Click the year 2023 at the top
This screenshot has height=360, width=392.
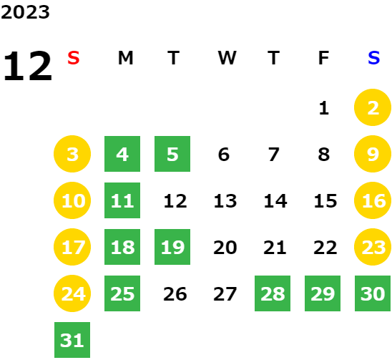[25, 12]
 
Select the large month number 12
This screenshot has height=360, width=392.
[27, 66]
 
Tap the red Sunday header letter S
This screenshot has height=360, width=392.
[74, 58]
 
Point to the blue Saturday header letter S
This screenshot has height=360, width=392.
[373, 58]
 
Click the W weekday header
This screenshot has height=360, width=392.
[227, 58]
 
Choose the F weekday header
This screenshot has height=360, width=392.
[323, 58]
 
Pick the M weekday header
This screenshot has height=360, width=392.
[125, 58]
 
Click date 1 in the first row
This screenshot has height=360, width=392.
[324, 108]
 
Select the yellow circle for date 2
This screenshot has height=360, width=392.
[373, 107]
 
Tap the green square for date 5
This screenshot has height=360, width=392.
[172, 154]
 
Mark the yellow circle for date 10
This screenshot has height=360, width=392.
[72, 200]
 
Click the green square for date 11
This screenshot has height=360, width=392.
[122, 200]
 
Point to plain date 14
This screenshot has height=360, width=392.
[275, 201]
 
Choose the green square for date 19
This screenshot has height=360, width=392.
[172, 247]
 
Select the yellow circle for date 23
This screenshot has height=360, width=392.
[373, 247]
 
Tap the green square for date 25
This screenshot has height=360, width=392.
[122, 293]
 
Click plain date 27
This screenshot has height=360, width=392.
[225, 294]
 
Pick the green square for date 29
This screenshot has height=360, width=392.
[323, 293]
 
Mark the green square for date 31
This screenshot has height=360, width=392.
[72, 340]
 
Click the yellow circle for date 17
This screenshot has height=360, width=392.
[72, 247]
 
